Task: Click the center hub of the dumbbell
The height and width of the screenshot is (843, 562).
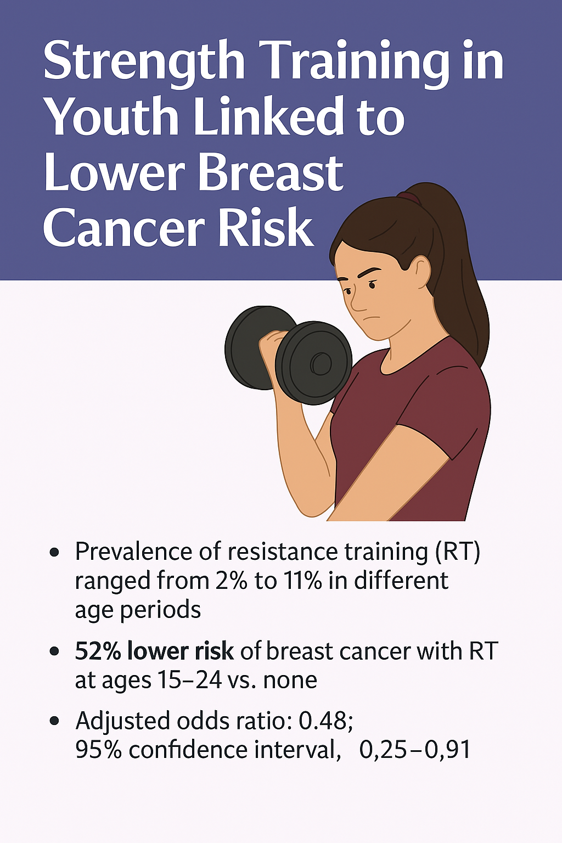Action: [x=320, y=363]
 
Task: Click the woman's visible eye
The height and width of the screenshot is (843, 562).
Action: [x=373, y=284]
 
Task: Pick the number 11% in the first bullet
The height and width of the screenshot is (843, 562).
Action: [x=302, y=581]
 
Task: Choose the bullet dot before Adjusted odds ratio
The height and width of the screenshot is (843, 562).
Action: [x=54, y=721]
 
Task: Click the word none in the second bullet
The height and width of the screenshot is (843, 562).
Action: [x=290, y=681]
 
